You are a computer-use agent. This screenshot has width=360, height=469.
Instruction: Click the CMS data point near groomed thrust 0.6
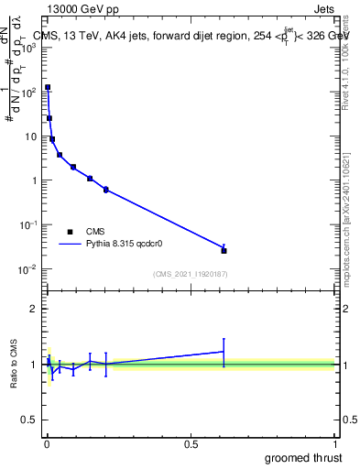(x=224, y=250)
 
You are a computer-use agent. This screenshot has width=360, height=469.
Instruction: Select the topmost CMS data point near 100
(x=48, y=87)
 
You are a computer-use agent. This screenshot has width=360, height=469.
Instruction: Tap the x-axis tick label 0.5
(x=191, y=444)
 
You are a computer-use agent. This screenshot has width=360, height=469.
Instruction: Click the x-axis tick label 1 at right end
(x=334, y=444)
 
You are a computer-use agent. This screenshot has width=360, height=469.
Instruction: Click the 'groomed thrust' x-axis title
(x=303, y=457)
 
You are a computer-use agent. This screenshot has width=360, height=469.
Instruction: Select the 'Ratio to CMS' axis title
(x=15, y=365)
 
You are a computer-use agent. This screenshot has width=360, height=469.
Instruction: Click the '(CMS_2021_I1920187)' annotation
(x=190, y=273)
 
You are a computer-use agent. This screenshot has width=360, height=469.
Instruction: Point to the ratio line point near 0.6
(x=224, y=351)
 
